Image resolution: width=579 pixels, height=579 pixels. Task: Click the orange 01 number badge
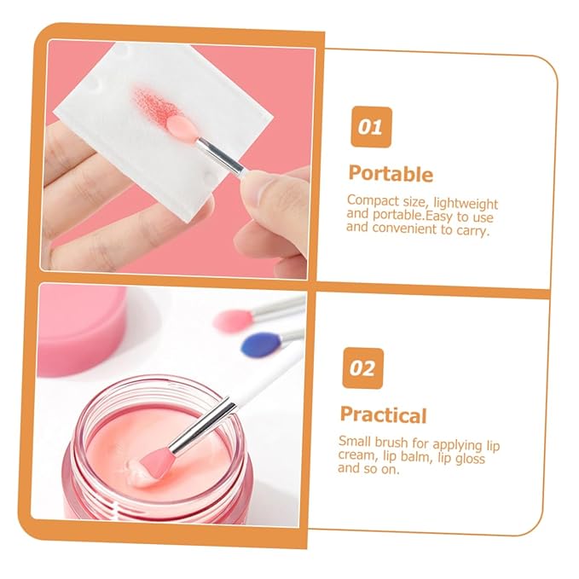370,128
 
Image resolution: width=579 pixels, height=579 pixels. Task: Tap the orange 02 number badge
362,368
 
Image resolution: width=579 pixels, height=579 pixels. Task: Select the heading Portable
391,174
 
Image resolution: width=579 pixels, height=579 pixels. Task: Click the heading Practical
383,415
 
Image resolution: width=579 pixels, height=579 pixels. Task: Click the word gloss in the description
466,458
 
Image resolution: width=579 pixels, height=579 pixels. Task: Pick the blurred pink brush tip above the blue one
233,320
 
